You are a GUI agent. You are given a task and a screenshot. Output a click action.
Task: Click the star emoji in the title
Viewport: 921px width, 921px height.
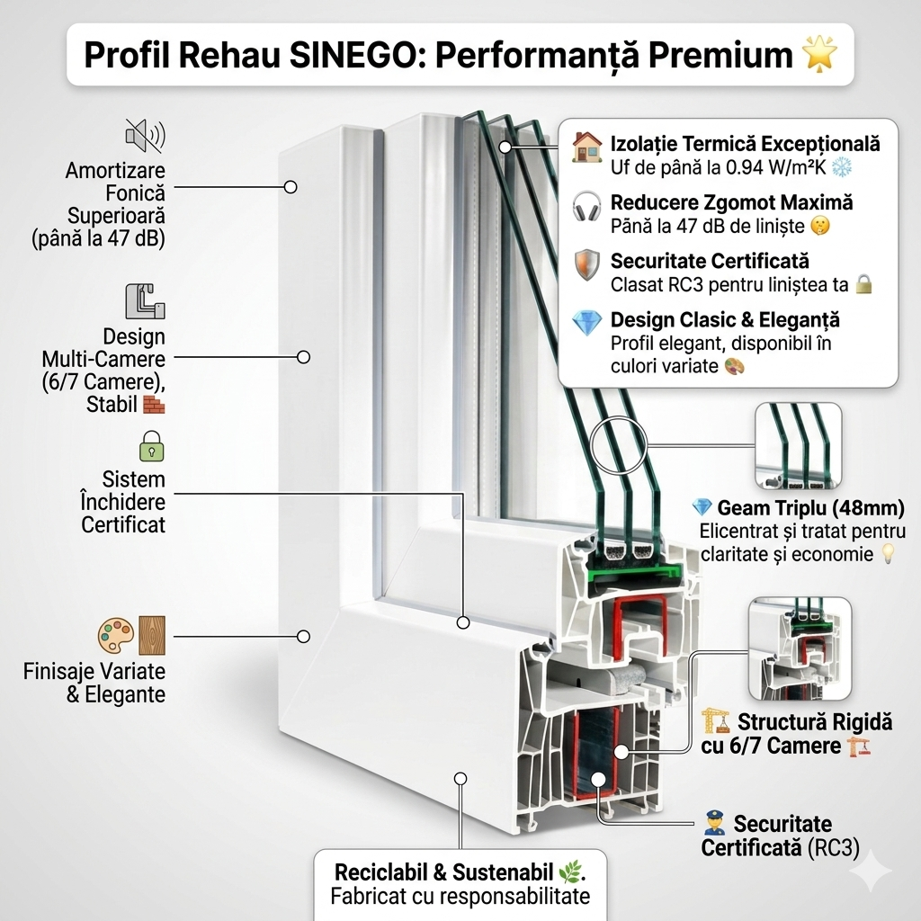[x=818, y=54]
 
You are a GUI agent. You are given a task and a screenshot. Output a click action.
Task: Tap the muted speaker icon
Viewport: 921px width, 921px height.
[x=145, y=137]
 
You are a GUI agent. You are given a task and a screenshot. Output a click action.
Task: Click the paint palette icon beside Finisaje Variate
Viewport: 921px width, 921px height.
[x=112, y=636]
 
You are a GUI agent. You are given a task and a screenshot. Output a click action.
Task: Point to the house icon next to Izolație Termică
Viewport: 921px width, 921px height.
[x=587, y=147]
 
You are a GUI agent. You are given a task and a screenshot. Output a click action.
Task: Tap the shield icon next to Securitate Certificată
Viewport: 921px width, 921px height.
[x=586, y=265]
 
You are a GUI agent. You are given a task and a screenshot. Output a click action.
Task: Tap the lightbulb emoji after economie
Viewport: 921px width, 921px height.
[x=889, y=554]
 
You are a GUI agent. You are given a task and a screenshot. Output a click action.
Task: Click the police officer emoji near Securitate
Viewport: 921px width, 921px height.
[x=715, y=823]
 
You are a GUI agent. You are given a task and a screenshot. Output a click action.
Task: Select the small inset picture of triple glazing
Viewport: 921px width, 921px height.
[x=798, y=445]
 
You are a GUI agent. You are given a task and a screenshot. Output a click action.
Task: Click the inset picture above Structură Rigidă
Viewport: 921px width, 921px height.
[x=800, y=648]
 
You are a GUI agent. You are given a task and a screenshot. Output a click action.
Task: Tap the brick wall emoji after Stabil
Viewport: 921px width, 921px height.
[x=154, y=405]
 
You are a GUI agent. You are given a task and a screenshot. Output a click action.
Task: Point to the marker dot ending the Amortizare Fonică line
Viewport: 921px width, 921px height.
[x=291, y=187]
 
